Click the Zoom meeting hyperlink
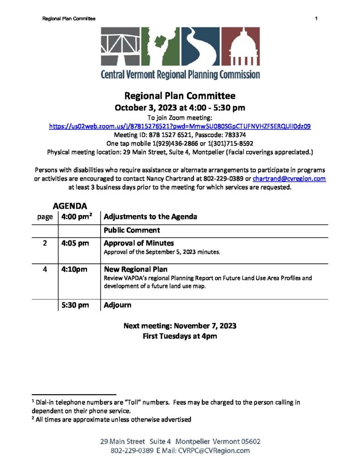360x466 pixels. coord(180,126)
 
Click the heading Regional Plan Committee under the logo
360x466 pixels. coord(180,96)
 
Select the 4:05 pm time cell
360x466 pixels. coord(75,243)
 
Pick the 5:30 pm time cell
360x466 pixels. coord(75,305)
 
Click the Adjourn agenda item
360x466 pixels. coord(118,305)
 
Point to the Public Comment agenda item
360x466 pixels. coord(132,230)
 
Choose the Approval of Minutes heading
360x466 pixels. coord(139,243)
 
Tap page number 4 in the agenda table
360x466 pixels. coord(45,269)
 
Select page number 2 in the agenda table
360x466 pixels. coord(45,243)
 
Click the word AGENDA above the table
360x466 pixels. coord(70,206)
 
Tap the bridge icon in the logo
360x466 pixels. coord(120,47)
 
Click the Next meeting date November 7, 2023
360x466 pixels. coord(180,326)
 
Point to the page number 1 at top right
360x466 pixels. coord(315,18)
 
